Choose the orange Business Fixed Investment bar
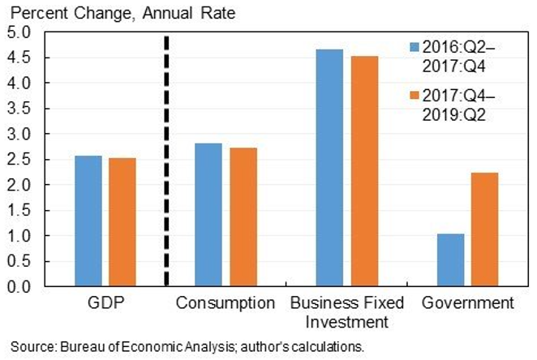point(363,171)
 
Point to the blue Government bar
point(450,260)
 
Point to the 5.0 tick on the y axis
point(18,32)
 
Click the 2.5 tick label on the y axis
point(18,160)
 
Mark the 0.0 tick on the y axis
point(18,287)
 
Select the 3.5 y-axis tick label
point(18,109)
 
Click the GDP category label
point(105,304)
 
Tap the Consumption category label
point(226,304)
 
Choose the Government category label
point(466,304)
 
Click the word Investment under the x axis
point(346,322)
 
